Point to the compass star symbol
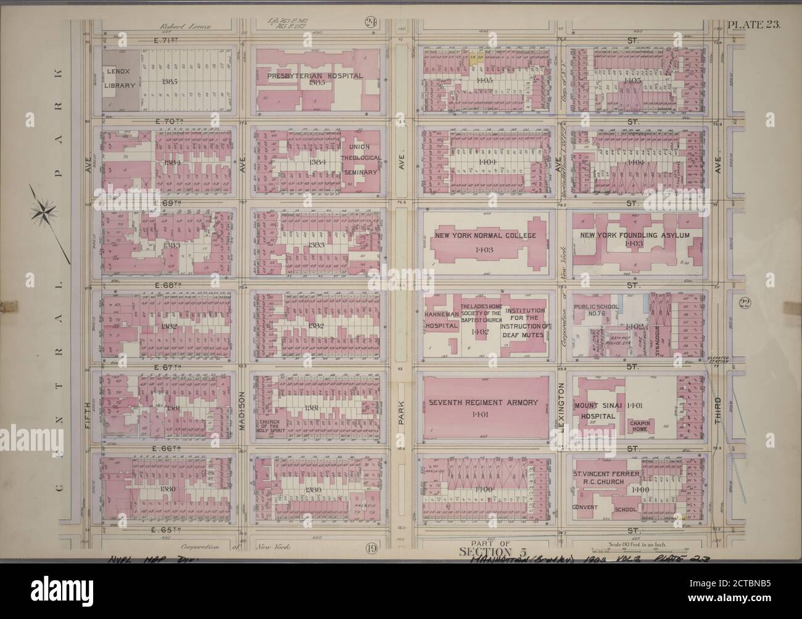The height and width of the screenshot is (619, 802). (x=44, y=212)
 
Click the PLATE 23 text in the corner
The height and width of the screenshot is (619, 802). (x=754, y=25)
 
